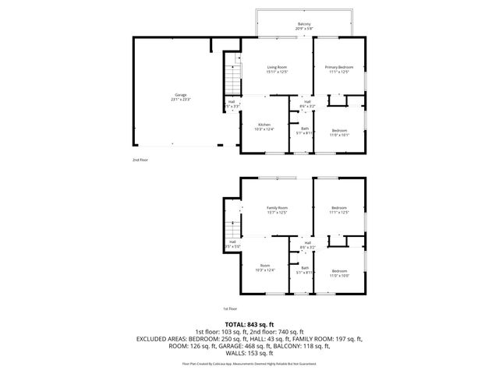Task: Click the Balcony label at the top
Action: [x=304, y=23]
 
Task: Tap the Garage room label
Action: [x=180, y=95]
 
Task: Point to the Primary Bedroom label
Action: [x=338, y=68]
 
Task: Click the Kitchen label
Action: [x=264, y=125]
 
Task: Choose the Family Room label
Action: [x=278, y=208]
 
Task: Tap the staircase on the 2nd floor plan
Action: [x=230, y=79]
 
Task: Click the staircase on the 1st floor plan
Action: [x=230, y=231]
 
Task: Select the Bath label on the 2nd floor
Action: [x=305, y=129]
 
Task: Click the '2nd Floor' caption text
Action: [x=140, y=159]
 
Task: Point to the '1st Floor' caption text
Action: [x=229, y=309]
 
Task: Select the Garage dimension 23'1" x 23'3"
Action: [x=180, y=100]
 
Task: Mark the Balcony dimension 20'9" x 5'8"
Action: [x=304, y=29]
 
